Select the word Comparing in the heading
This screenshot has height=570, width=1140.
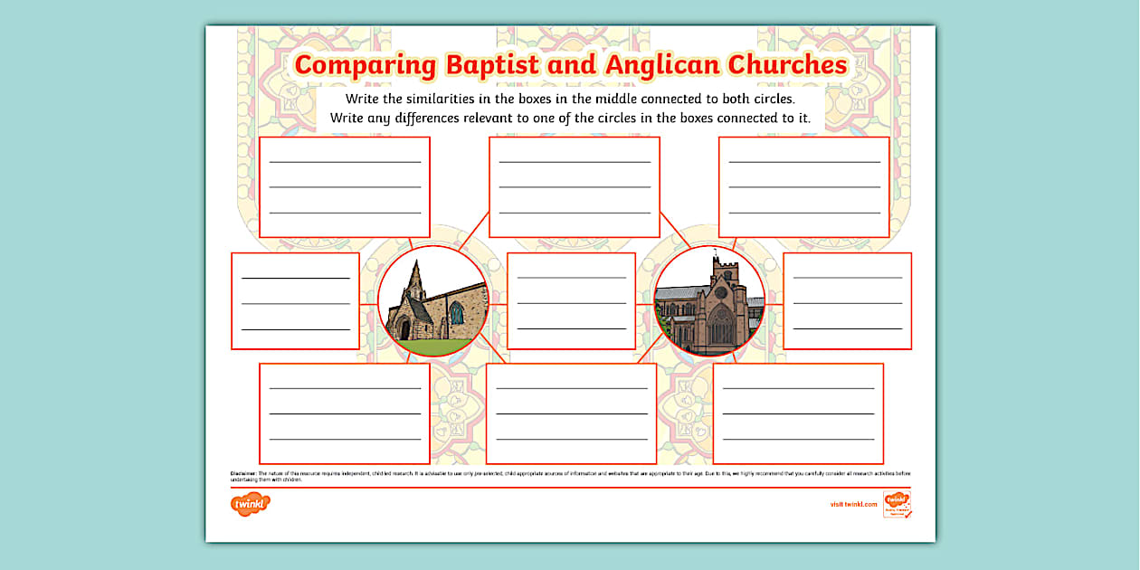pos(366,65)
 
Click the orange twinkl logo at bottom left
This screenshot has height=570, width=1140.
pos(251,504)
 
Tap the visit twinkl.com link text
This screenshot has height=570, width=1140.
pos(853,504)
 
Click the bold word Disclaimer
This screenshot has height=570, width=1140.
pos(244,473)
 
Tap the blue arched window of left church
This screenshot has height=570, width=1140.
pos(456,314)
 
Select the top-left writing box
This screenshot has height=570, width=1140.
pos(345,187)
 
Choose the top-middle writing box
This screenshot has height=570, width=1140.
pos(575,187)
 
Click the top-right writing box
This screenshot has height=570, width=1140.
pos(804,187)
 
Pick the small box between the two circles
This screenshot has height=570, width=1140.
pos(571,301)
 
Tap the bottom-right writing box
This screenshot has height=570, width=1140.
pos(798,413)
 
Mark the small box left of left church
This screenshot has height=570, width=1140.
pos(295,301)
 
